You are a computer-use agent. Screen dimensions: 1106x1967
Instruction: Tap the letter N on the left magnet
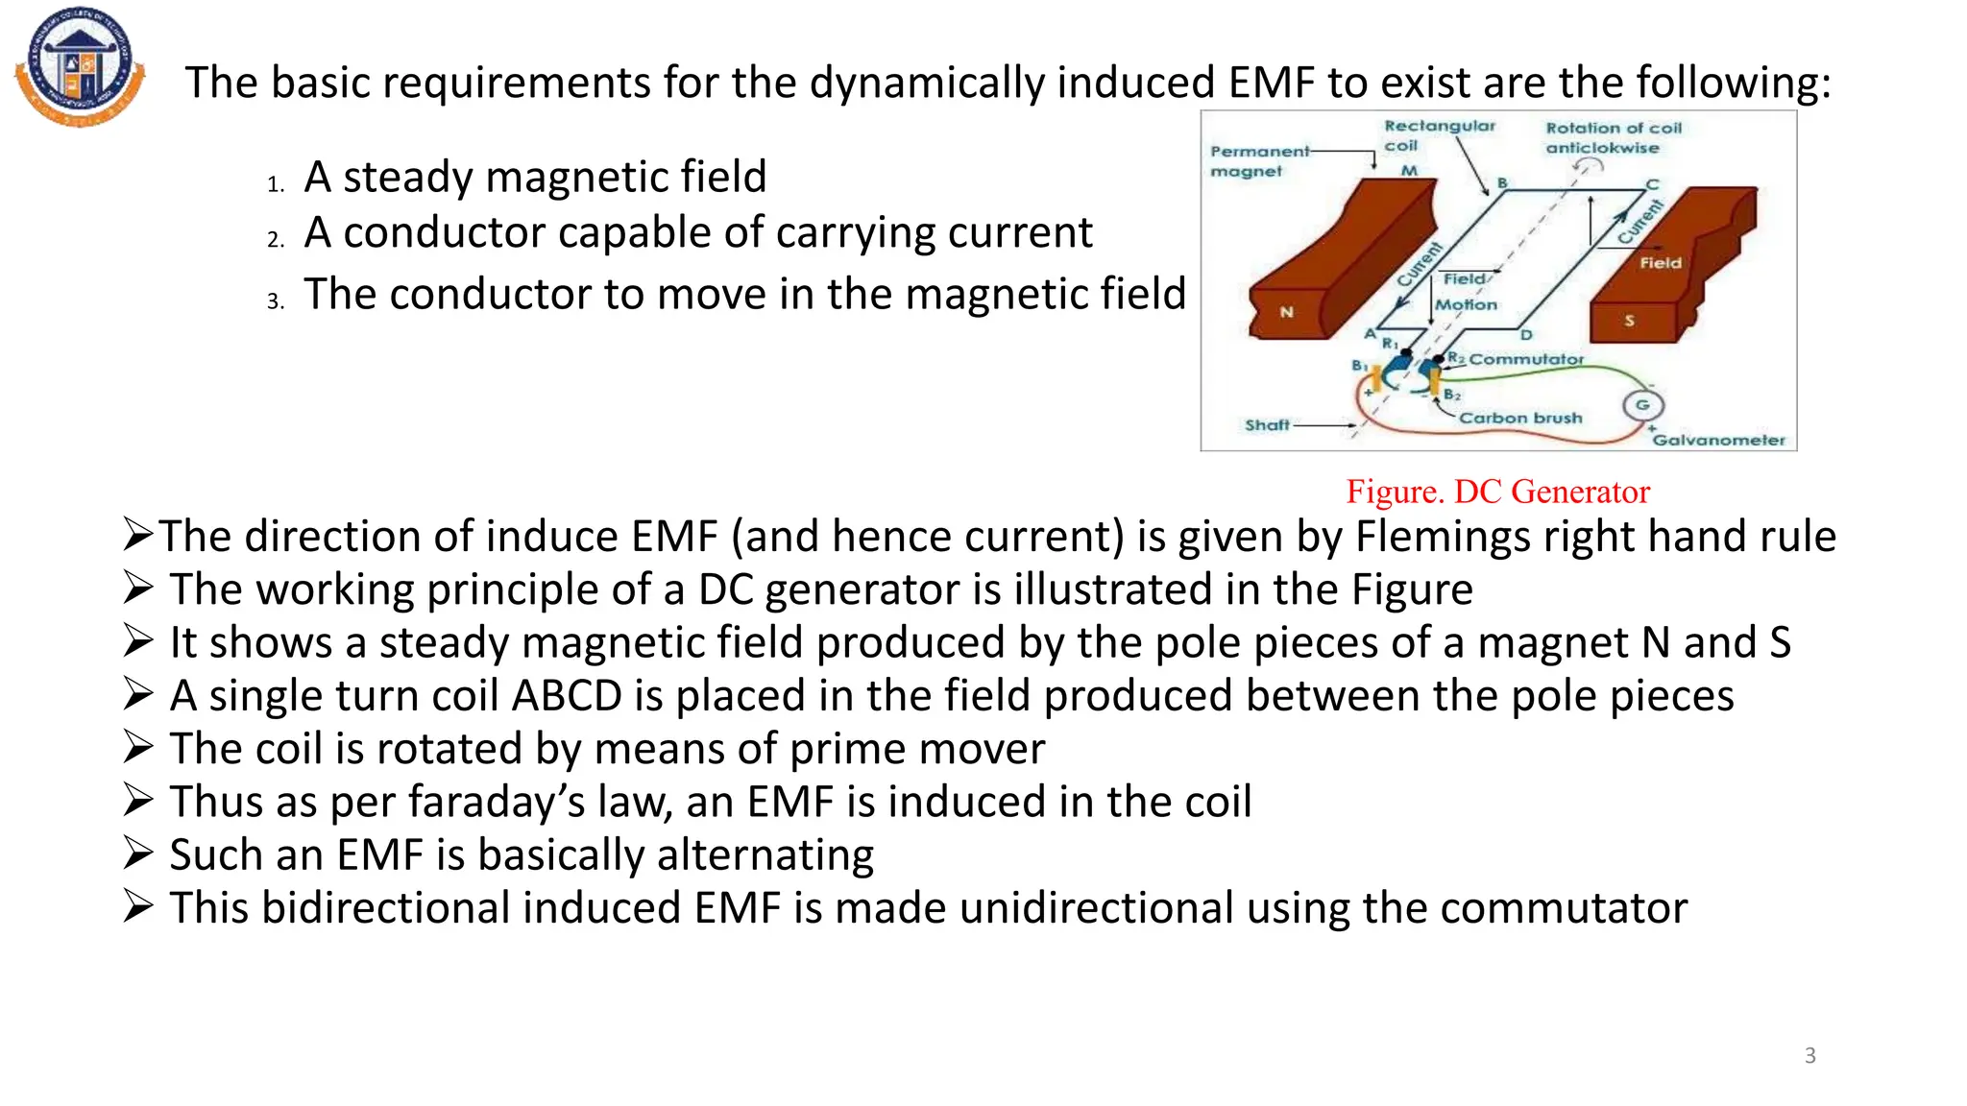pyautogui.click(x=1286, y=312)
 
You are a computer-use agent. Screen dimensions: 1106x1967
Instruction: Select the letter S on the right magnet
pyautogui.click(x=1629, y=321)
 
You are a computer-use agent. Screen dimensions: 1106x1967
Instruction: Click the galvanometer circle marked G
pyautogui.click(x=1642, y=405)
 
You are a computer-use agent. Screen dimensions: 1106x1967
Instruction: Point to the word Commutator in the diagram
pyautogui.click(x=1526, y=359)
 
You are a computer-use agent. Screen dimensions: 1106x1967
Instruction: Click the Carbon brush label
pyautogui.click(x=1520, y=418)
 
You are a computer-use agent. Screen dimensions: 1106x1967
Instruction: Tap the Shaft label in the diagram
pyautogui.click(x=1267, y=424)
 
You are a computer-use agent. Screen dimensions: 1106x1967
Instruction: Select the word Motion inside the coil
pyautogui.click(x=1466, y=304)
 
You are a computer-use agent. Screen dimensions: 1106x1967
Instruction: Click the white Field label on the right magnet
pyautogui.click(x=1661, y=262)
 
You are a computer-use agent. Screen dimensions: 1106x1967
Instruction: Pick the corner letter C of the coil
pyautogui.click(x=1652, y=184)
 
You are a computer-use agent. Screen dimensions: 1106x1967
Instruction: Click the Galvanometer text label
pyautogui.click(x=1718, y=440)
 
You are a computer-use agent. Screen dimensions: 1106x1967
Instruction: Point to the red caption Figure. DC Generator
pyautogui.click(x=1497, y=492)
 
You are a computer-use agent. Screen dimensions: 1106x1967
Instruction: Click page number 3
pyautogui.click(x=1809, y=1055)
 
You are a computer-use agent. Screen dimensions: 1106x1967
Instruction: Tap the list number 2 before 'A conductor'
pyautogui.click(x=276, y=239)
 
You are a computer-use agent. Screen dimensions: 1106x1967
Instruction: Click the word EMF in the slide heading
pyautogui.click(x=1271, y=83)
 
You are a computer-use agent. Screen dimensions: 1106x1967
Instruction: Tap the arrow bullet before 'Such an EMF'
pyautogui.click(x=138, y=854)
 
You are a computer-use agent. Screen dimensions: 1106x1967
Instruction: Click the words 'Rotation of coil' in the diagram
pyautogui.click(x=1614, y=128)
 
